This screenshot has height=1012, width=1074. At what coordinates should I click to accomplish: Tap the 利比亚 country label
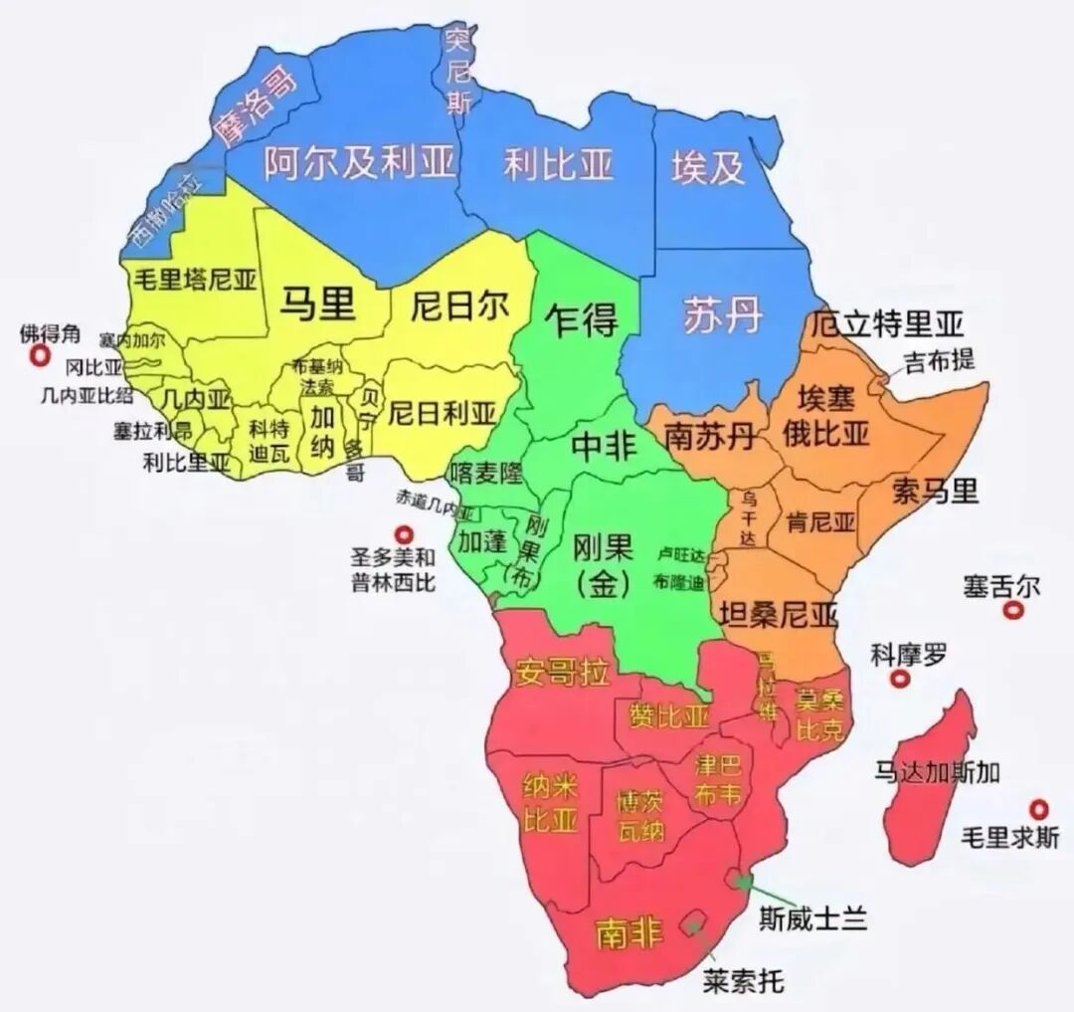click(x=558, y=163)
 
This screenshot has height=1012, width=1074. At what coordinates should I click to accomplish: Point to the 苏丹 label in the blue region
click(x=723, y=315)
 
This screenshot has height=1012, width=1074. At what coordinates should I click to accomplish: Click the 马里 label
click(x=317, y=303)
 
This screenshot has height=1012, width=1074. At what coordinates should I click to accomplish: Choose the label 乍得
click(x=582, y=319)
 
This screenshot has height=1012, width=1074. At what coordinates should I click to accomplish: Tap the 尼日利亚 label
click(x=441, y=411)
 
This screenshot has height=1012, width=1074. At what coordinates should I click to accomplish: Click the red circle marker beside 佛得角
click(x=40, y=356)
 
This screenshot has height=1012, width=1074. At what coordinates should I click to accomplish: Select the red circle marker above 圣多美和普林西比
click(x=404, y=534)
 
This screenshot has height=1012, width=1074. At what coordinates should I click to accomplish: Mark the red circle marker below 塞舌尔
click(x=1013, y=613)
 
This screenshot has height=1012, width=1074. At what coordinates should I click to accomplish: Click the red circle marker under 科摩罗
click(x=901, y=681)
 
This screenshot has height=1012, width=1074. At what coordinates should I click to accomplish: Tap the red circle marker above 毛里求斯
click(x=1040, y=808)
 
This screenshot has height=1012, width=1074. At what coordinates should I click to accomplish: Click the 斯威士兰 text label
click(x=812, y=916)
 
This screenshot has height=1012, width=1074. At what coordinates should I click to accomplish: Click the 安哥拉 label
click(x=562, y=674)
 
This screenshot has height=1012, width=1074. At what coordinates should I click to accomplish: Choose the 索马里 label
click(x=935, y=491)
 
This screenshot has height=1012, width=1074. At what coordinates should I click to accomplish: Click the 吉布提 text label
click(x=939, y=359)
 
